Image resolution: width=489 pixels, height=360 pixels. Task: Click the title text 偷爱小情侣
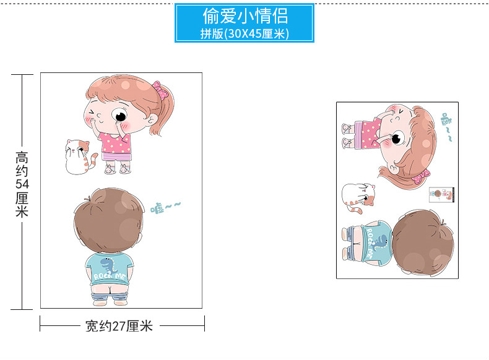pos(245,16)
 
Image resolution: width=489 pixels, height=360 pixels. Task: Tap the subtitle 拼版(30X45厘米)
pos(244,33)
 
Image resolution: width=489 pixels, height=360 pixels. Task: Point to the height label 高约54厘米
pos(22,184)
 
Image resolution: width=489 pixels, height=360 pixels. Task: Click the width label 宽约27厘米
pos(119,327)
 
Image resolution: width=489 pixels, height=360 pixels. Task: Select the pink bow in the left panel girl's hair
pos(160,89)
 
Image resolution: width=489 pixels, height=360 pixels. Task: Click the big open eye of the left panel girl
pos(119,116)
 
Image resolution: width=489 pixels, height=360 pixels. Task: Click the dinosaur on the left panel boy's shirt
pos(108,266)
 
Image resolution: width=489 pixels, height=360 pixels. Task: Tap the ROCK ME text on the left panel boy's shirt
pos(110,276)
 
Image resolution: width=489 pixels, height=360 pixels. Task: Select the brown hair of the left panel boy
pos(108,219)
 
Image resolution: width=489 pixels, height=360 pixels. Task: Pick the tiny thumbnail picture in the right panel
pos(441,195)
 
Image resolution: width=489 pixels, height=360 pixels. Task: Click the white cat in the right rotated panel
pos(358,197)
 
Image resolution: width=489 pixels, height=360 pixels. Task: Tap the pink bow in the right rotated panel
pos(421,176)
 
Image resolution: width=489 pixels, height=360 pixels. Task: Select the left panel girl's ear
pos(152,119)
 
